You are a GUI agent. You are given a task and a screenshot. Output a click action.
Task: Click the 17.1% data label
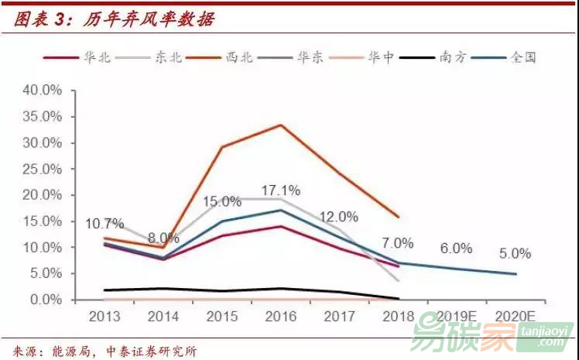280,190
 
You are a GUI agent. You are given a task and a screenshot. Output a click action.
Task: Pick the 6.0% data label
456,249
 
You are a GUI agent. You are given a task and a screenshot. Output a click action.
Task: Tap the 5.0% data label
515,253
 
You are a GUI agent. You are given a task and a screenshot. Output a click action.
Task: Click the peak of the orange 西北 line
280,125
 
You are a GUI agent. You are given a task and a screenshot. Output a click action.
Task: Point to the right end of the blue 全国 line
516,274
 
